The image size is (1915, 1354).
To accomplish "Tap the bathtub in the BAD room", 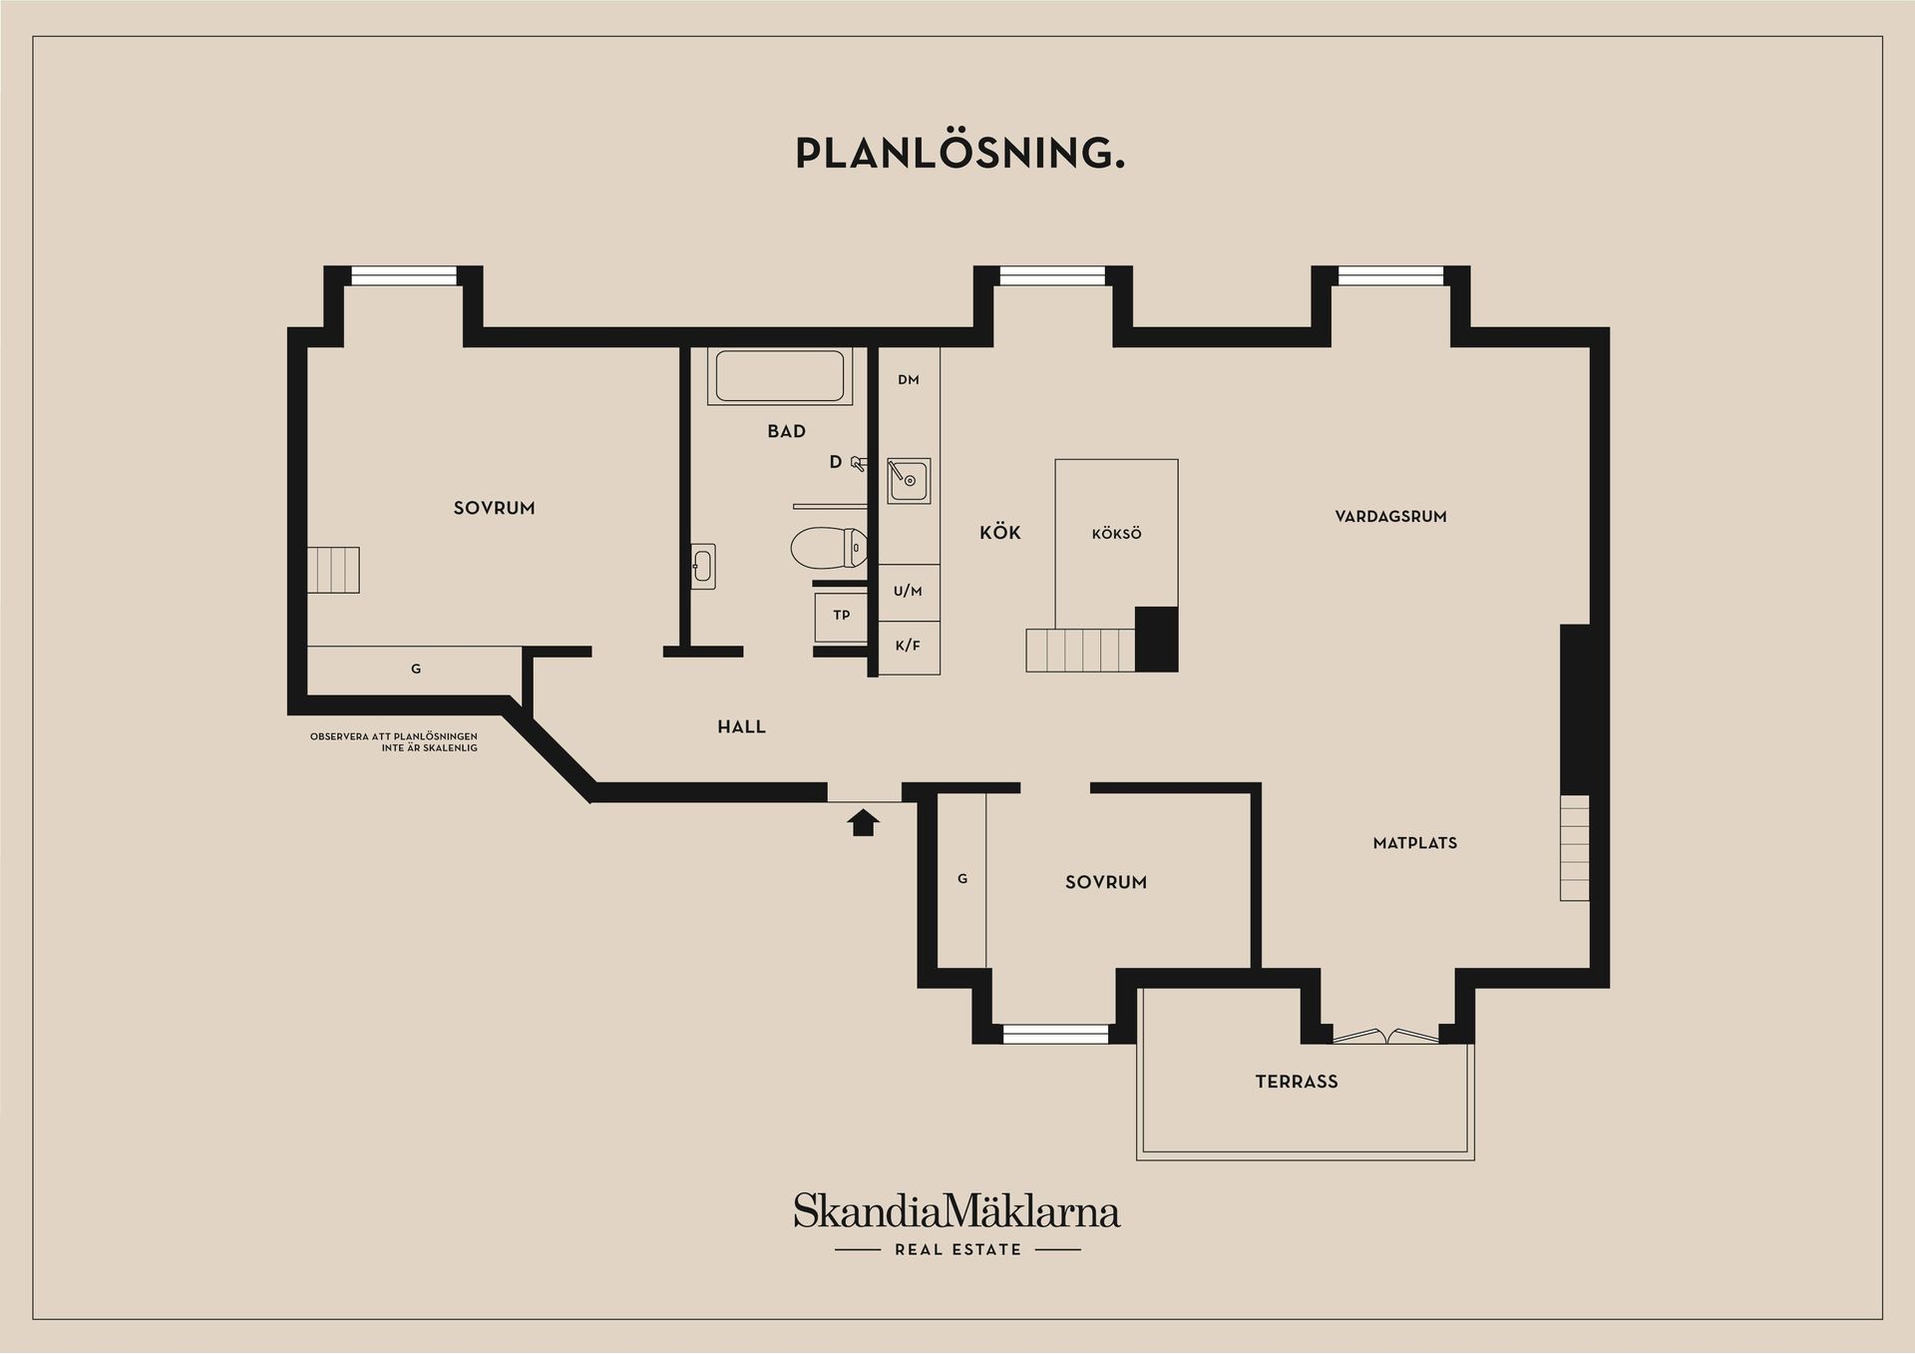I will click(780, 376).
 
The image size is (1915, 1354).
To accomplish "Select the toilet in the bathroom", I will click(827, 547).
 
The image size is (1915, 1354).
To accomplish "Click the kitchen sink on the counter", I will click(909, 481).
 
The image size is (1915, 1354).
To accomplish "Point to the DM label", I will click(908, 380).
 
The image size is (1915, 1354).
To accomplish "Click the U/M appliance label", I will click(908, 592).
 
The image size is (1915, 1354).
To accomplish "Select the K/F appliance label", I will click(908, 647).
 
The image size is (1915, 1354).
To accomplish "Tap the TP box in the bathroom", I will click(841, 616).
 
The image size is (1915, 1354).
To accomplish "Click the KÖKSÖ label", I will click(1116, 535).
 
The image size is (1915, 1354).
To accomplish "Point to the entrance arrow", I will click(863, 822).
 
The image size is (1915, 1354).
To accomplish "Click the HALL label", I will click(741, 727).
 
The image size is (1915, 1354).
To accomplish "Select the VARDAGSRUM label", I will click(1390, 517).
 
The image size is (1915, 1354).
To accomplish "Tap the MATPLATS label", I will click(1414, 843).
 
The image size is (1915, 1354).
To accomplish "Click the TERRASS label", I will click(1296, 1082).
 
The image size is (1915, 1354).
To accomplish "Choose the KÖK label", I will click(999, 533).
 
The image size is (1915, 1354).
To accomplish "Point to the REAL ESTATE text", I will click(957, 1249).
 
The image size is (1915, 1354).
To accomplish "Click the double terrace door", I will click(1386, 1037).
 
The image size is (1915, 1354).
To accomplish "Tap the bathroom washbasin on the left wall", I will click(702, 567).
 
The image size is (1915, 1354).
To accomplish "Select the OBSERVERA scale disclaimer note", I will click(394, 742).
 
